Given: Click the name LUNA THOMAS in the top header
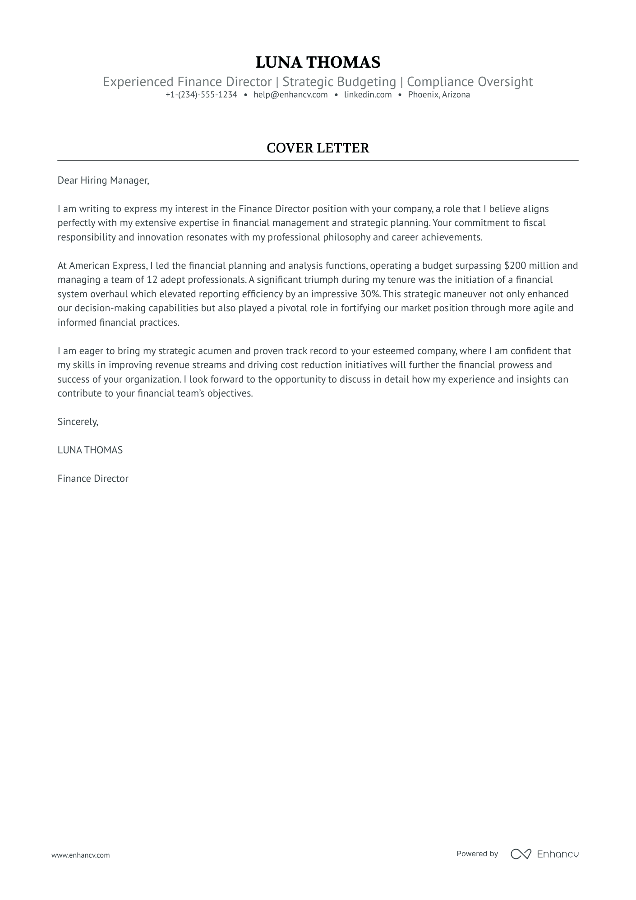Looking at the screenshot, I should click(x=318, y=62).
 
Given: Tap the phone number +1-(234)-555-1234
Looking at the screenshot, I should click(x=201, y=95).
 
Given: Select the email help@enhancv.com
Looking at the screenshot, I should click(x=290, y=95).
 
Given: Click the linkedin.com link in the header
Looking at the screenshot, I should click(x=368, y=95).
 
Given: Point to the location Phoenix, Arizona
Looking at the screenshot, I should click(x=439, y=95).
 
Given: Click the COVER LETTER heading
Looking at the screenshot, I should click(x=318, y=148).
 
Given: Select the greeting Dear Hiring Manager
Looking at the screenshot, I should click(x=103, y=180).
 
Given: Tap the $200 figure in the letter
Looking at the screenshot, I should click(x=515, y=266).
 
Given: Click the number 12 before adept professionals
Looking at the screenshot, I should click(x=152, y=280).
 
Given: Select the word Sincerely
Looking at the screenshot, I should click(x=78, y=422).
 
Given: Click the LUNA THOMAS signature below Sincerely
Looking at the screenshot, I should click(x=90, y=450).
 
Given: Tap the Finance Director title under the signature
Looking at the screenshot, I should click(x=93, y=479).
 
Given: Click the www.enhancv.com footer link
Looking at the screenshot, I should click(x=80, y=855).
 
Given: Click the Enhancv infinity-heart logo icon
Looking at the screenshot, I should click(x=521, y=854).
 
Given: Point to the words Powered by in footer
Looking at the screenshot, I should click(x=477, y=854).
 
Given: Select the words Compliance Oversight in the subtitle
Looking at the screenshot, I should click(x=470, y=82).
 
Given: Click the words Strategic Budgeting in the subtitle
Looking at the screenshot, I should click(x=339, y=82).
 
